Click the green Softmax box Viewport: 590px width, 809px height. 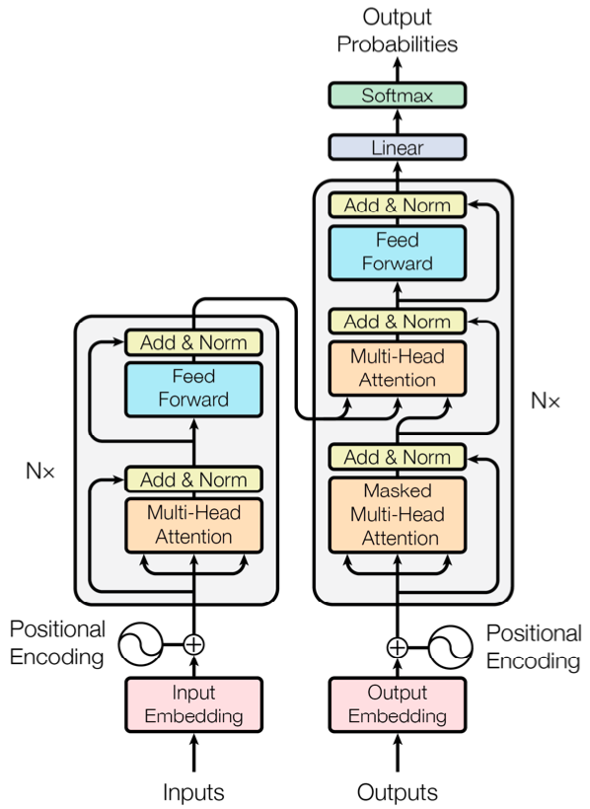click(x=398, y=95)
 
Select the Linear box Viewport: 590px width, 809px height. click(x=398, y=148)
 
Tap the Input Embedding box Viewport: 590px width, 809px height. click(x=193, y=704)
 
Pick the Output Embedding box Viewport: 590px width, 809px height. click(x=398, y=704)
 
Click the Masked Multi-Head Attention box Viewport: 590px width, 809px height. click(x=398, y=515)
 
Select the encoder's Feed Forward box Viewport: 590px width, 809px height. click(x=193, y=389)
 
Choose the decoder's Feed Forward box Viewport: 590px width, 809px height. click(x=398, y=253)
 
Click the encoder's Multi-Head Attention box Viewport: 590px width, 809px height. click(x=193, y=525)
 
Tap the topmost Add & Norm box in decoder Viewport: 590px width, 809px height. click(x=398, y=205)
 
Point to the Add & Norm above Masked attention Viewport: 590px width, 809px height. click(x=398, y=457)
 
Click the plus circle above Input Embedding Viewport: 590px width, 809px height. click(x=193, y=644)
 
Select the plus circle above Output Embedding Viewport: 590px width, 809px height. click(x=398, y=647)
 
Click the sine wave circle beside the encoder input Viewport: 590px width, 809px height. click(x=140, y=644)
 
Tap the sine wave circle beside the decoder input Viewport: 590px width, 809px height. click(x=451, y=647)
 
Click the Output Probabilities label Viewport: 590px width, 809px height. click(x=398, y=30)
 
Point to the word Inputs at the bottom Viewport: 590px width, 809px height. click(x=193, y=792)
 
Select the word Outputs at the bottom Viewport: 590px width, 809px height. click(x=398, y=792)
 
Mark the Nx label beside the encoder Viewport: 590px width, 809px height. click(x=40, y=471)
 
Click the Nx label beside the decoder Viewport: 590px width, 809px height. click(x=546, y=401)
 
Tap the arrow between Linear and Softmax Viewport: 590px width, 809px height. click(x=398, y=121)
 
